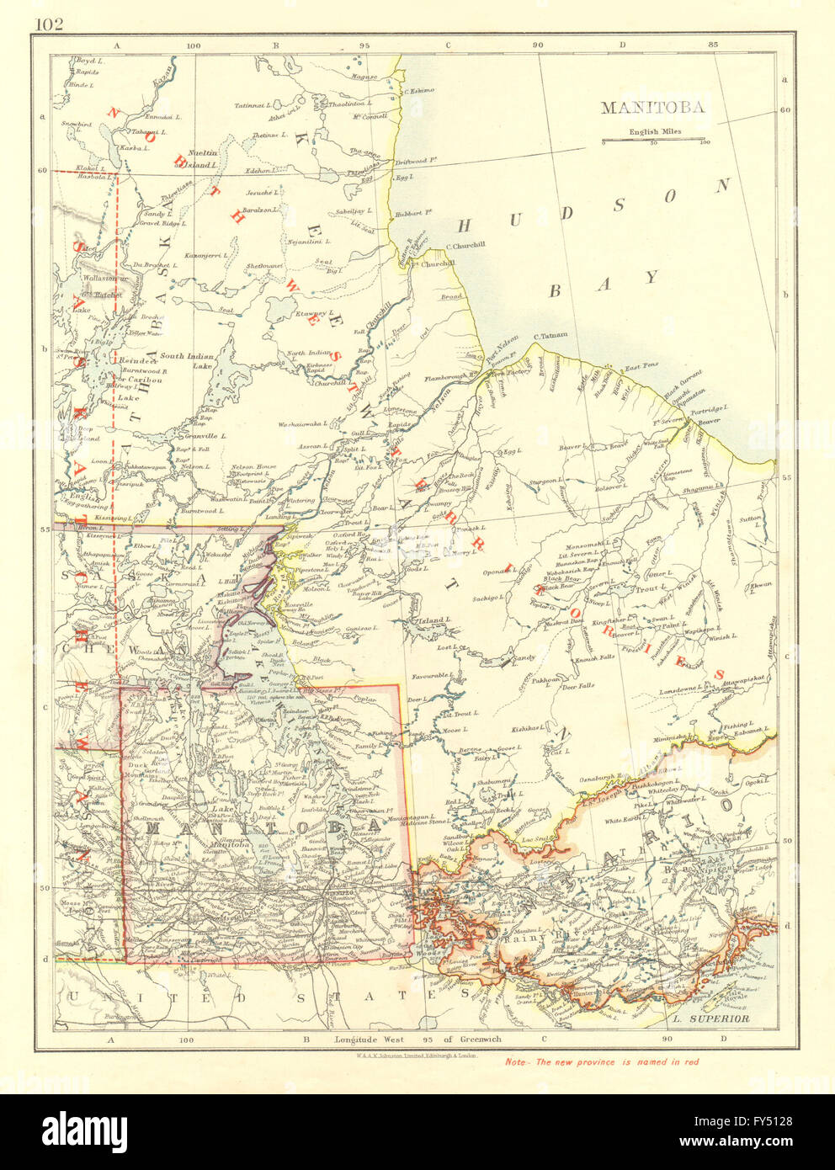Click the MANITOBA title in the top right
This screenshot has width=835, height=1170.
[x=652, y=108]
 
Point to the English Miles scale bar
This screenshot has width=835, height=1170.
[x=654, y=140]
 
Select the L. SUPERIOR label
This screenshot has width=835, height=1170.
[x=711, y=1018]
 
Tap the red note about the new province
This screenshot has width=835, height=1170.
[x=602, y=1061]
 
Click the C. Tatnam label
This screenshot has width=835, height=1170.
[x=549, y=335]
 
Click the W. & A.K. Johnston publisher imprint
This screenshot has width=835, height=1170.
[x=417, y=1053]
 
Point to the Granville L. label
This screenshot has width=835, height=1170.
[x=199, y=436]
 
